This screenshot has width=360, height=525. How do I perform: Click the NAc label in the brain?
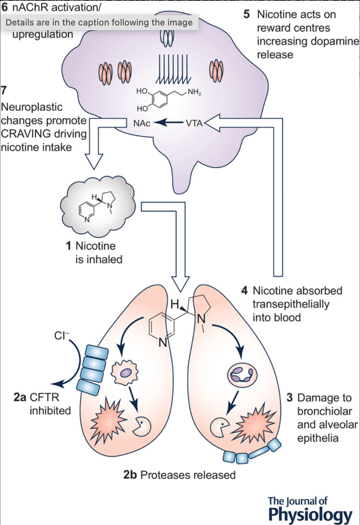(x=142, y=123)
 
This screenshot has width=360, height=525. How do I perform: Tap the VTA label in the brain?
(x=194, y=123)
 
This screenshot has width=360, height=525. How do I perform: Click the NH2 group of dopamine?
(x=194, y=92)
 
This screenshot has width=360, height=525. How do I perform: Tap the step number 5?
(x=247, y=15)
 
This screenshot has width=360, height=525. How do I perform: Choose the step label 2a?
(x=20, y=397)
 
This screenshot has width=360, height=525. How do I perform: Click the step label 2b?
(x=130, y=475)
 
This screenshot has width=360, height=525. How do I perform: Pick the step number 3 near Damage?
(x=290, y=398)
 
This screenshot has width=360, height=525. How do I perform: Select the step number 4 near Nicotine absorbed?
(x=245, y=291)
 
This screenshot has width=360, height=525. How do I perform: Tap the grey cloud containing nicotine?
(x=98, y=205)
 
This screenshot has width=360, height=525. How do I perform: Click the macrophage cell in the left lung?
(x=125, y=373)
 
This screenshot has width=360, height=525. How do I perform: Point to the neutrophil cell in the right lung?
(x=242, y=375)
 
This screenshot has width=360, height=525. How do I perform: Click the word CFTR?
(x=45, y=397)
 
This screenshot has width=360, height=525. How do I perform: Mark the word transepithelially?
(x=291, y=304)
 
